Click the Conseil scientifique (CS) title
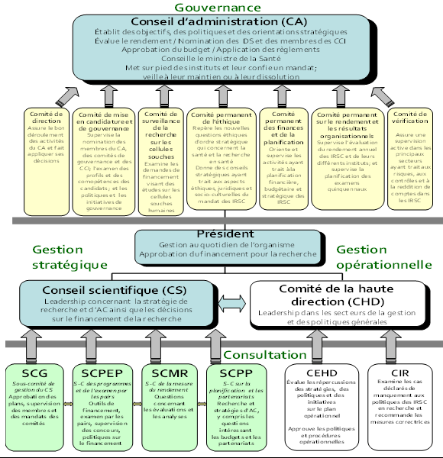click(114, 291)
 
